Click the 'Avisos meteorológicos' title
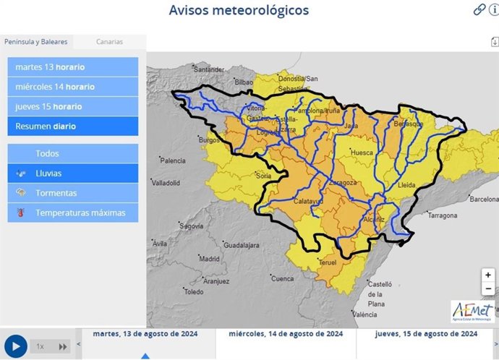click(x=239, y=10)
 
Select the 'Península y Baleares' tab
click(x=36, y=42)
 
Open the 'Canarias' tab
click(x=110, y=42)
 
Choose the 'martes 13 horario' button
click(x=73, y=67)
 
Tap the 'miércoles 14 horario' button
click(x=73, y=87)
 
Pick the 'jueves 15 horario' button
click(x=73, y=106)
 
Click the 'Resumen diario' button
click(x=73, y=126)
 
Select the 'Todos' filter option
click(x=73, y=153)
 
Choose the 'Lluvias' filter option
click(x=73, y=173)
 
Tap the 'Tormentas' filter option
click(x=73, y=193)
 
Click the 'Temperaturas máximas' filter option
click(x=73, y=213)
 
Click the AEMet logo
click(x=473, y=310)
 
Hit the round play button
click(x=15, y=346)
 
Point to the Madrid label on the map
click(x=209, y=259)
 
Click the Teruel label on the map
click(x=328, y=262)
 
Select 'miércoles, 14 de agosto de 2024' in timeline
click(x=286, y=335)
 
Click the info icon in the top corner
click(x=494, y=9)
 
